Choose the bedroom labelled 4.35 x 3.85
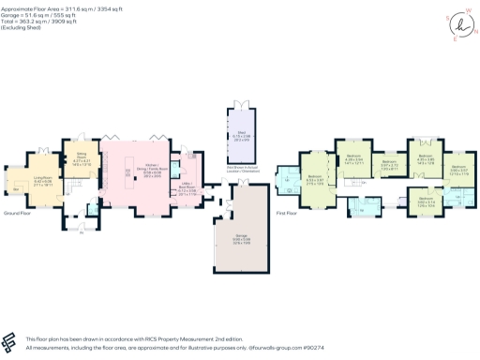pos(424,160)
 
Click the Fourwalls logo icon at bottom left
pos(11,340)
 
